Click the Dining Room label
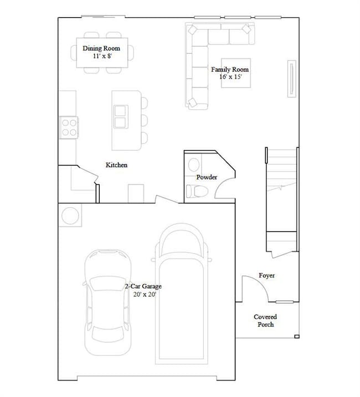click(101, 49)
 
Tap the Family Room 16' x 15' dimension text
click(229, 77)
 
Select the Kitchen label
click(117, 165)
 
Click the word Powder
click(207, 177)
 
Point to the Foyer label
click(266, 275)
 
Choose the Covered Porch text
click(265, 321)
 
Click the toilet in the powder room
click(197, 192)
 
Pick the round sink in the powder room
click(194, 164)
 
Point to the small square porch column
click(296, 336)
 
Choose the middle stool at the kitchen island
click(144, 120)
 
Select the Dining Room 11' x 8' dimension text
click(101, 56)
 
